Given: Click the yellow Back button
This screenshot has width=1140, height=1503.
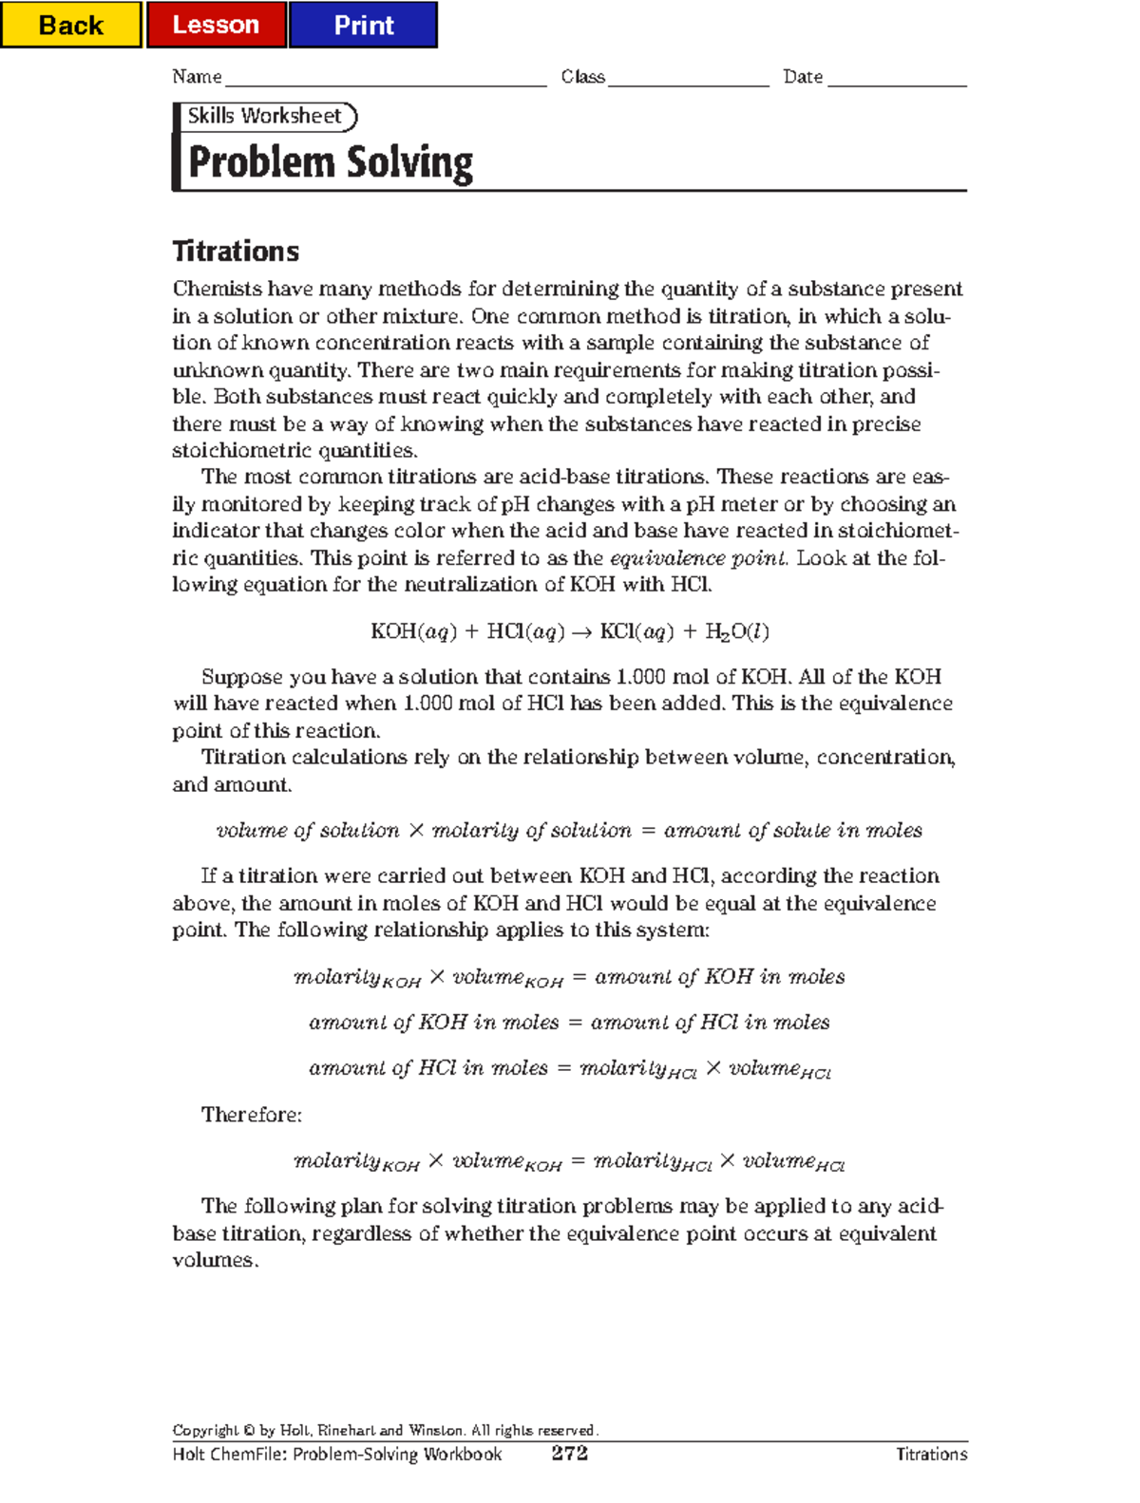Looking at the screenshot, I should (x=70, y=25).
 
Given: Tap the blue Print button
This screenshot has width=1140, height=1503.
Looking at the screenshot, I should (x=363, y=25).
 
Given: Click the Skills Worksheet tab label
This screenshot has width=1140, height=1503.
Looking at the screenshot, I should (x=264, y=116).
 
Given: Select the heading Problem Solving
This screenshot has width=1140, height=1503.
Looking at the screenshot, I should (x=331, y=162).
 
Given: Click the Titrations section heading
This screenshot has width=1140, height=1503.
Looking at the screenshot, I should (x=236, y=252).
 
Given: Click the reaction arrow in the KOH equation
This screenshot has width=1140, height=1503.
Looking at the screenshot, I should (x=581, y=632).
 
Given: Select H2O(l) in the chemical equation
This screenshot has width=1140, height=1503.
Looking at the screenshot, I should (x=737, y=632).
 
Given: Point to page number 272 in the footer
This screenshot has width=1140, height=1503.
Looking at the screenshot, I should (x=569, y=1454).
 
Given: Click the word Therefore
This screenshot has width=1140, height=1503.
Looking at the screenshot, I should (x=251, y=1115).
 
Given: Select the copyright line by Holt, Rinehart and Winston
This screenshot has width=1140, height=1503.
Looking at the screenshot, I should (x=385, y=1430).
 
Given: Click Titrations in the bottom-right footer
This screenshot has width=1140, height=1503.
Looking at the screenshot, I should (x=931, y=1455).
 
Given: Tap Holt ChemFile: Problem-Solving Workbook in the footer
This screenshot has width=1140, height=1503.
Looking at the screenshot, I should (x=337, y=1455).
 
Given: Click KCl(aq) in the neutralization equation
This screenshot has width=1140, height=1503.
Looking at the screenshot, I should (x=636, y=632).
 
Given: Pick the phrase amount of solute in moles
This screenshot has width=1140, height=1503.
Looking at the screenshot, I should (x=792, y=831).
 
